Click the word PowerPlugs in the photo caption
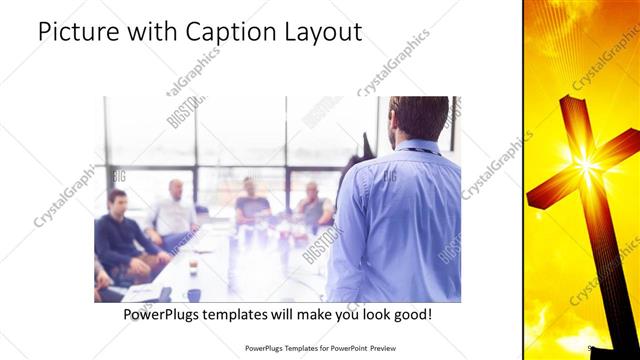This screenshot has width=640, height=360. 163,314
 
